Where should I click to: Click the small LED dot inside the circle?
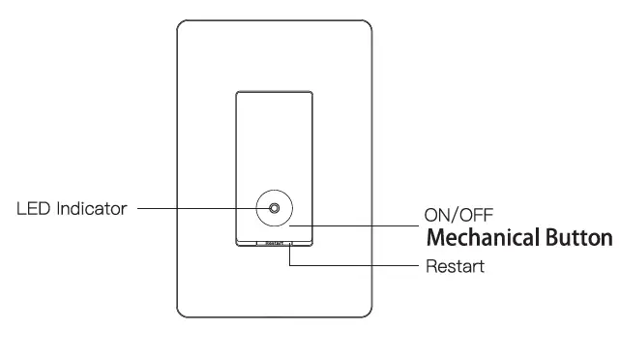(276, 208)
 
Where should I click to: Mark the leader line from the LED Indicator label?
(193, 208)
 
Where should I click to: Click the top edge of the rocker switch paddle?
(275, 92)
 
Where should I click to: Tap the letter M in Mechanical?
(437, 238)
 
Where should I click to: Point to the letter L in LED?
(21, 208)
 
